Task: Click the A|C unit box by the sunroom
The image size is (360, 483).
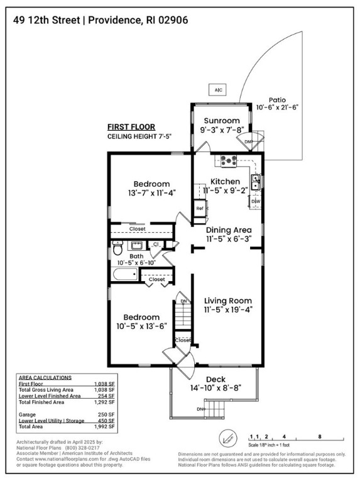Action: (218, 90)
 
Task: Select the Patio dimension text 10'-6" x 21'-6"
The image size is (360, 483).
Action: (277, 108)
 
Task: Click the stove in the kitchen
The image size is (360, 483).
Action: (227, 161)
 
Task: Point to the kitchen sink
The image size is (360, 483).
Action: (256, 182)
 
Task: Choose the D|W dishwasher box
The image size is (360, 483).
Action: (256, 201)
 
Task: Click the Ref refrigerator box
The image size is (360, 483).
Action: (200, 208)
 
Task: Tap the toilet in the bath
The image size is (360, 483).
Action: (118, 249)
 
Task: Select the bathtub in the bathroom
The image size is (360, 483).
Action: (124, 275)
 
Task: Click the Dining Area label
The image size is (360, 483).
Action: (229, 230)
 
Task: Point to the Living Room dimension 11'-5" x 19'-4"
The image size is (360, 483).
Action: (229, 309)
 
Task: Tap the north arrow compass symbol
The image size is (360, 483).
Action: (227, 438)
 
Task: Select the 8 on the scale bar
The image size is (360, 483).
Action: (320, 436)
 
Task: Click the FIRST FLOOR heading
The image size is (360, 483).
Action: (131, 126)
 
